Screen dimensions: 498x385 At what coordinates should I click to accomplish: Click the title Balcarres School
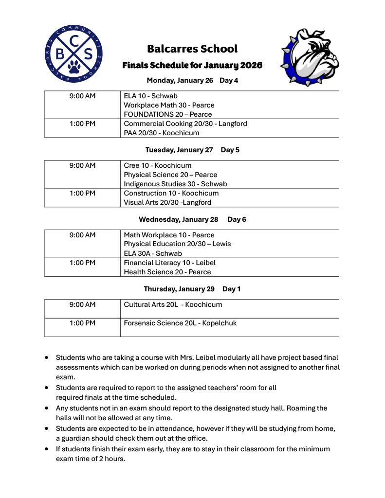pyautogui.click(x=192, y=49)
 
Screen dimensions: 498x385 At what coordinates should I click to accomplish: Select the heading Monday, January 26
pyautogui.click(x=180, y=80)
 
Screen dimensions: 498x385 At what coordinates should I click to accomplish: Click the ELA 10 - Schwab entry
pyautogui.click(x=150, y=96)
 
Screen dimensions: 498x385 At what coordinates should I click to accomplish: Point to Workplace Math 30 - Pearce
pyautogui.click(x=169, y=105)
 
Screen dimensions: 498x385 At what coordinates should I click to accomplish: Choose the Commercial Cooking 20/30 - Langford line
pyautogui.click(x=185, y=124)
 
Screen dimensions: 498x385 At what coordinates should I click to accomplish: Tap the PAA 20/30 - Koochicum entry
pyautogui.click(x=161, y=133)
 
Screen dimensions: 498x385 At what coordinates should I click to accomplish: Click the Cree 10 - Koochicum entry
pyautogui.click(x=157, y=165)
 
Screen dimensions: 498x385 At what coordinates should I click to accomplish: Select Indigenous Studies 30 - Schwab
pyautogui.click(x=175, y=184)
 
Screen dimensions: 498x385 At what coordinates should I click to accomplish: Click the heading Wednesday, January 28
pyautogui.click(x=178, y=219)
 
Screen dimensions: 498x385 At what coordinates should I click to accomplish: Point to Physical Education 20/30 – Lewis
pyautogui.click(x=177, y=244)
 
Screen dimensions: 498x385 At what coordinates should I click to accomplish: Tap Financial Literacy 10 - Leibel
pyautogui.click(x=169, y=263)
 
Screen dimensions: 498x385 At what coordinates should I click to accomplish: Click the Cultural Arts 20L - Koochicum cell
pyautogui.click(x=173, y=304)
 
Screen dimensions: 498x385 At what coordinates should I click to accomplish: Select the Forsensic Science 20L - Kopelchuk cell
pyautogui.click(x=180, y=323)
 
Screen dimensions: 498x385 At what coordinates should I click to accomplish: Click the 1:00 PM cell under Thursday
pyautogui.click(x=82, y=323)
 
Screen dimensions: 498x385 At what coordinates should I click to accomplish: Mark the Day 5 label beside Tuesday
pyautogui.click(x=230, y=150)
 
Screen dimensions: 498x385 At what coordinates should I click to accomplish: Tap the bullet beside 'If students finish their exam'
pyautogui.click(x=46, y=449)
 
